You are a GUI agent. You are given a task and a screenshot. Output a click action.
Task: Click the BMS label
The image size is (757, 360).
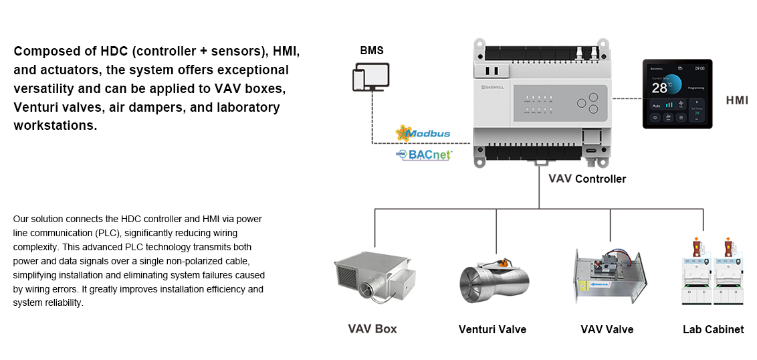[x=372, y=50]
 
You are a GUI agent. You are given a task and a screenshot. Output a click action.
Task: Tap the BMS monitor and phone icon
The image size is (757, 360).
[x=371, y=77]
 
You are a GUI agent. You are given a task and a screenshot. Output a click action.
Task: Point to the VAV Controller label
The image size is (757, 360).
[x=587, y=179]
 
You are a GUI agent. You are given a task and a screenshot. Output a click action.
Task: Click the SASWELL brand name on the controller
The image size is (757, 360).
[x=497, y=86]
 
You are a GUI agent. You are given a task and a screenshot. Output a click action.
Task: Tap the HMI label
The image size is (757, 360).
[x=737, y=101]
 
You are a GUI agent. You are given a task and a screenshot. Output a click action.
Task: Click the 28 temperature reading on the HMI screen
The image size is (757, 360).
[x=659, y=88]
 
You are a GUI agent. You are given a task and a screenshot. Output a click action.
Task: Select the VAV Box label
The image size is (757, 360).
[x=372, y=329]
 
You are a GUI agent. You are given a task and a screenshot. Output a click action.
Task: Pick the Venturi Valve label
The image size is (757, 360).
[x=492, y=329]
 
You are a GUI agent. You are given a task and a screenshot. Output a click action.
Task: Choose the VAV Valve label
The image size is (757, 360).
[x=607, y=329]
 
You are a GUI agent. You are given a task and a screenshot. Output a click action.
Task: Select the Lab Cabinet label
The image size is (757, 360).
[x=713, y=329]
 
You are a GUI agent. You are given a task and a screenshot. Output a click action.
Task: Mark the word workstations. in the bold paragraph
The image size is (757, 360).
[x=56, y=126]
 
